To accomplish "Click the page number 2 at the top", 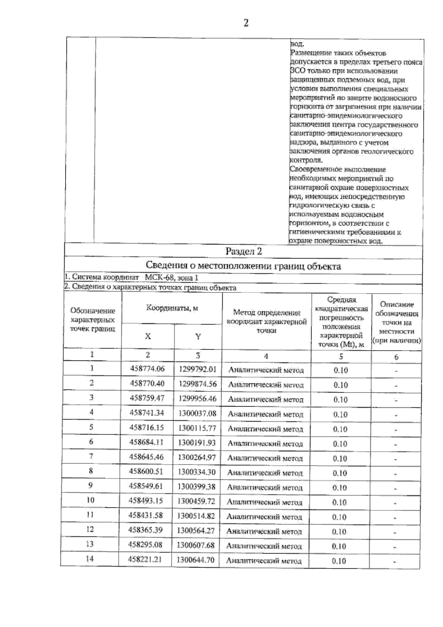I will [x=246, y=23].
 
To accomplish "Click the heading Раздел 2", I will [x=244, y=252].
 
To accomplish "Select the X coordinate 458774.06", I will [x=147, y=369].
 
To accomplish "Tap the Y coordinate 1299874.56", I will [x=198, y=384].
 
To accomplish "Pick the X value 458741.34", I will [x=147, y=413].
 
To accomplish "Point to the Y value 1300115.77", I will [x=197, y=428].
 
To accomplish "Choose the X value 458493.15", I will [x=146, y=501].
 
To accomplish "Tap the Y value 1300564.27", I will [x=196, y=531].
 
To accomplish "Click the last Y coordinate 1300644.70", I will [x=196, y=560].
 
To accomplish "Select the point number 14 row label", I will [x=90, y=559].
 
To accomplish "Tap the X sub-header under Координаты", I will [x=148, y=336].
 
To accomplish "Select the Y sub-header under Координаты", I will [x=198, y=336].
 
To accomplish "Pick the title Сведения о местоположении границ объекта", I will [x=244, y=266].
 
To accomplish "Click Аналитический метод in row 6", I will [x=265, y=443].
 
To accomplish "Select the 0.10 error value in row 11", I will [x=339, y=517].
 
